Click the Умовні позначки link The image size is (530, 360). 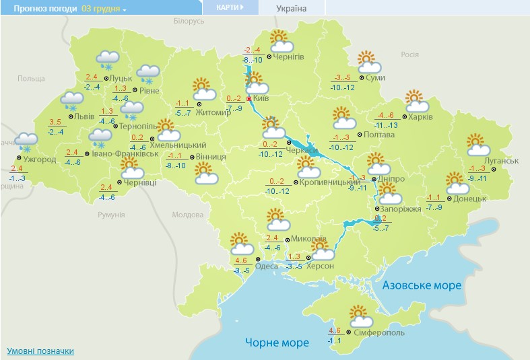click(40, 351)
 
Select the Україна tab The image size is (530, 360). click(291, 9)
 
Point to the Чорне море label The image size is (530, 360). click(277, 343)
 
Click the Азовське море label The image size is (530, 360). click(422, 285)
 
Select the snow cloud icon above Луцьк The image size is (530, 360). click(108, 59)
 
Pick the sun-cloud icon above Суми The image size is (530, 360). click(369, 62)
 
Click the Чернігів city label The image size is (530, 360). click(289, 57)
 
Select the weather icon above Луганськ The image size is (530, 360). click(477, 145)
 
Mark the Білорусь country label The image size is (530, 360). click(188, 22)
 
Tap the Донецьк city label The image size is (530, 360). click(469, 199)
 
